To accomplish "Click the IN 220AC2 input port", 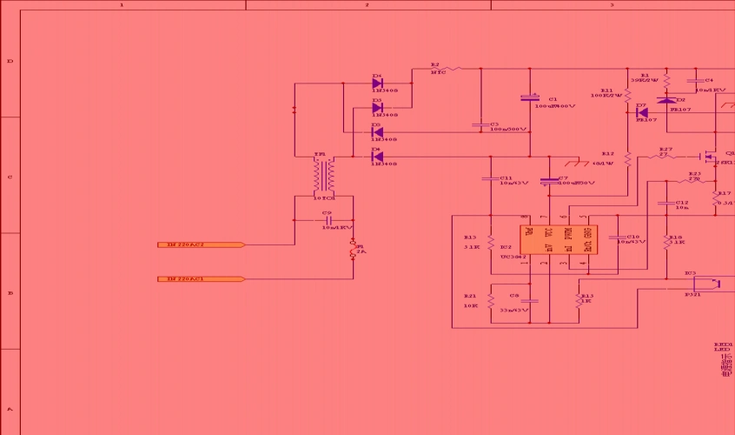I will click(200, 245).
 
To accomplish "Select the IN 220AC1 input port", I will click(200, 279).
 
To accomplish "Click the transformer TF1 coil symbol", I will click(325, 177).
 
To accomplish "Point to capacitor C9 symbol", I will click(328, 220).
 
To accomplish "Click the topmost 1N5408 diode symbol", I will click(377, 84).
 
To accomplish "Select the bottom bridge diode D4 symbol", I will click(377, 157).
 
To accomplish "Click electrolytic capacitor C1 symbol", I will click(530, 98).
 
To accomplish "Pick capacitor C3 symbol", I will click(480, 125).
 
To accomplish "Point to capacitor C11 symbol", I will click(491, 179).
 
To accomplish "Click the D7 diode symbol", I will click(642, 112).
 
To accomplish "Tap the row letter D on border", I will click(10, 61).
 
